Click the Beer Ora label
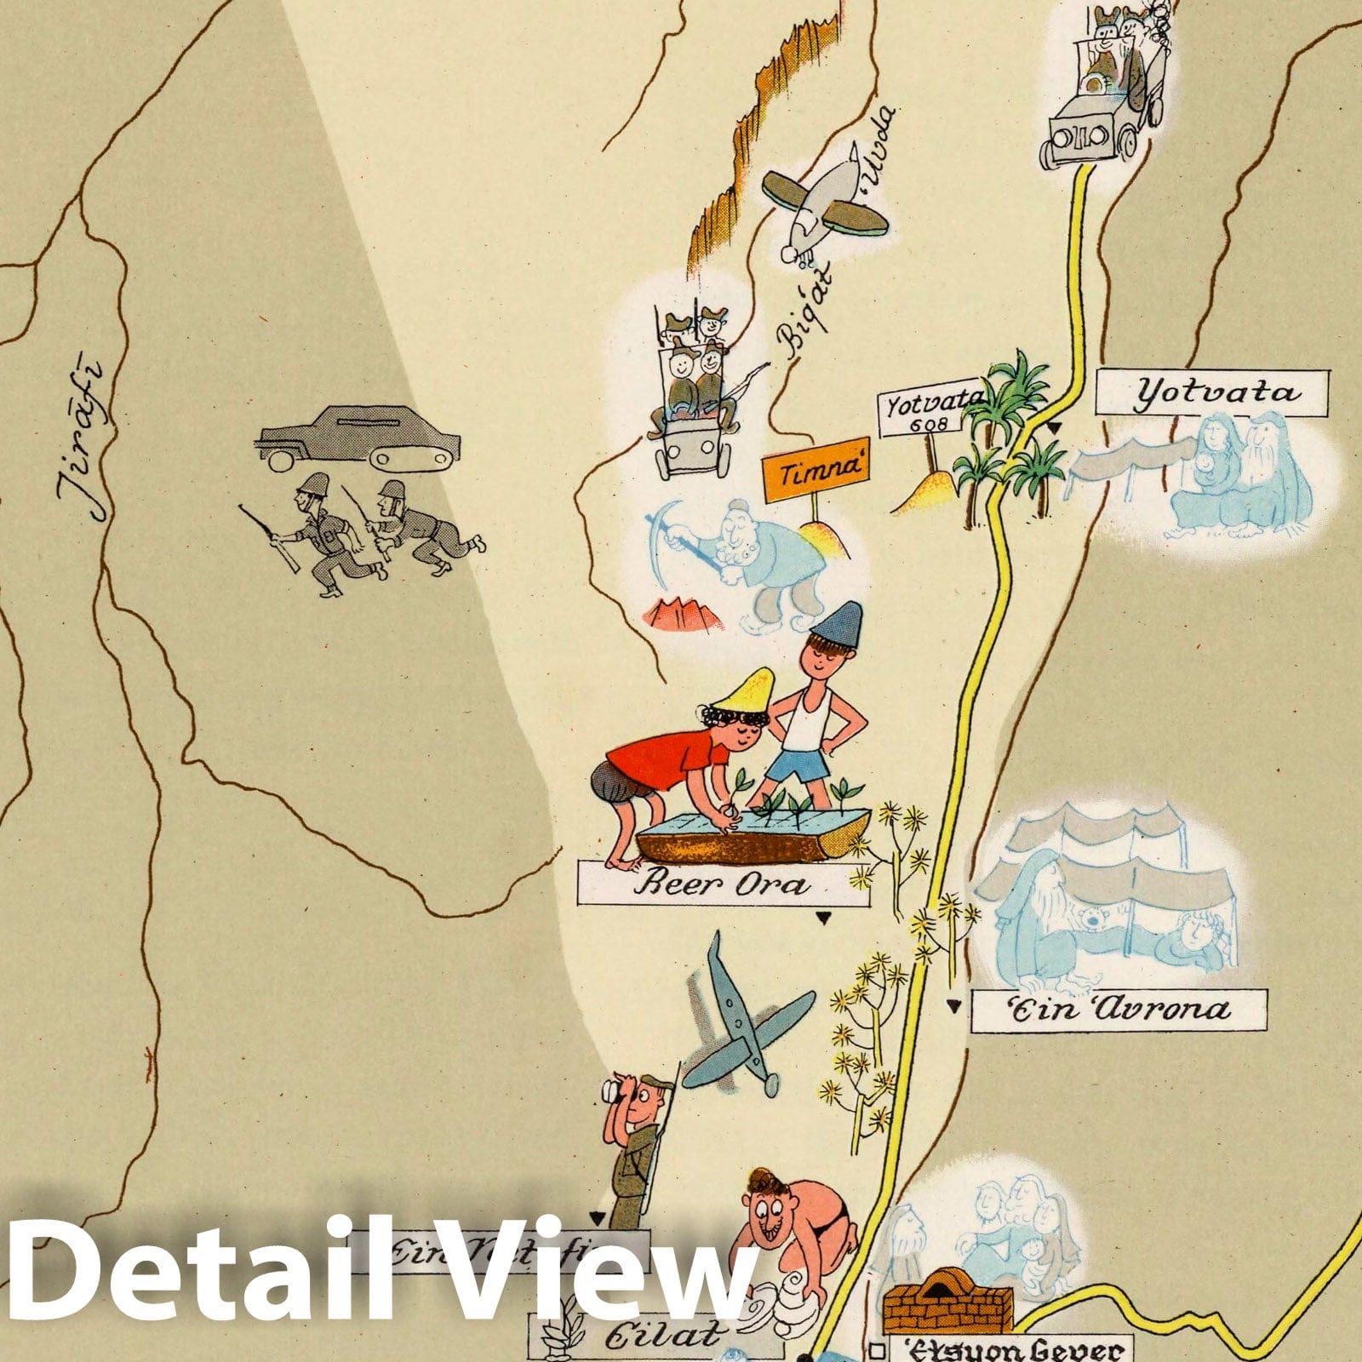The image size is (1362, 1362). pyautogui.click(x=722, y=883)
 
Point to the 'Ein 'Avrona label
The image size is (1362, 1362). pyautogui.click(x=1119, y=1010)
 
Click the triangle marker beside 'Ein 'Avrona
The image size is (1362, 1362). pyautogui.click(x=954, y=1007)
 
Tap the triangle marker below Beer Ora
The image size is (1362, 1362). pyautogui.click(x=823, y=918)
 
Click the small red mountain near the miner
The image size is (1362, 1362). pyautogui.click(x=681, y=614)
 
